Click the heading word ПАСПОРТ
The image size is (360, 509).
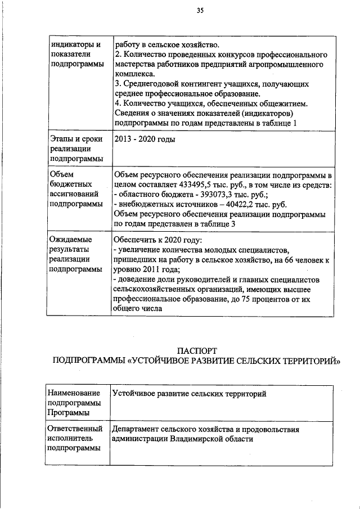point(193,351)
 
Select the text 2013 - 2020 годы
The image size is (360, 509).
point(145,139)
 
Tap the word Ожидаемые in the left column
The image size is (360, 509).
point(70,240)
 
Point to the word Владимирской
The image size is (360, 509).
point(195,439)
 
